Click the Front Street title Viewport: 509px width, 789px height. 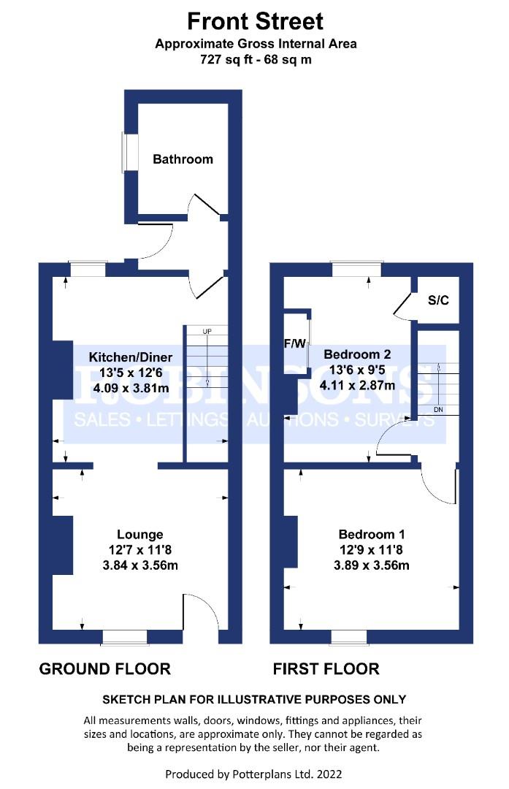[255, 22]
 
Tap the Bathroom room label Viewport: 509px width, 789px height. [183, 159]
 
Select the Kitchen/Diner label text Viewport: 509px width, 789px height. [130, 357]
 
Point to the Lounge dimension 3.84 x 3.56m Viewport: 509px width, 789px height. [139, 565]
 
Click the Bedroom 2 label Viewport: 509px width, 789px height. [357, 354]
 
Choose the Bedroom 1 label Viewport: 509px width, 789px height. [371, 534]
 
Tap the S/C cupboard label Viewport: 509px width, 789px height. [438, 300]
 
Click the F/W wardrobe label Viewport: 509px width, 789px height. [295, 343]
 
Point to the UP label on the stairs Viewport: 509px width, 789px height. [207, 331]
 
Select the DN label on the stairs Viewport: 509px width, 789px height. [438, 410]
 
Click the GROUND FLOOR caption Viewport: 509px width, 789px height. [105, 668]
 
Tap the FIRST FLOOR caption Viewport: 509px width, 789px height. [326, 668]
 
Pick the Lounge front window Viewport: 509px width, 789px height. [125, 637]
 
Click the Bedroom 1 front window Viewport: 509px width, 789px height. [349, 637]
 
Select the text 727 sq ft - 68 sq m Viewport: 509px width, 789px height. [256, 60]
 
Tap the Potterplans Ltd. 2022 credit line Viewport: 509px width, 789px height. [253, 774]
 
